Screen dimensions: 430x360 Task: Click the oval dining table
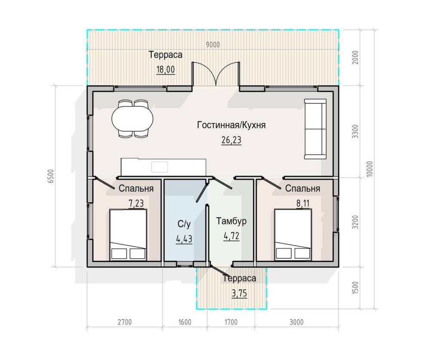(132, 119)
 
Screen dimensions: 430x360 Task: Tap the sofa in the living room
(315, 129)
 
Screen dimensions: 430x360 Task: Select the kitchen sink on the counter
(160, 167)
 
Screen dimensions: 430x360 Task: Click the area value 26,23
(231, 140)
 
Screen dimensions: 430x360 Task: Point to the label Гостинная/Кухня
(231, 125)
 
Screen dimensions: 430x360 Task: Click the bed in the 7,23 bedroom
(128, 235)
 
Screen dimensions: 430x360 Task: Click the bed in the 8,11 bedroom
(293, 235)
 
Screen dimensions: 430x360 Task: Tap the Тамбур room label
(231, 221)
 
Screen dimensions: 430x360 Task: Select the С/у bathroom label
(184, 224)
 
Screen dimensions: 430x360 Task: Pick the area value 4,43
(184, 239)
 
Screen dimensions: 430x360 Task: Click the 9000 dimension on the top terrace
(213, 45)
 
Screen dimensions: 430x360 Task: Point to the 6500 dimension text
(51, 176)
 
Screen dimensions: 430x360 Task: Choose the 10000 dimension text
(370, 169)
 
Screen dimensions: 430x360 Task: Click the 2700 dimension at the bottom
(125, 322)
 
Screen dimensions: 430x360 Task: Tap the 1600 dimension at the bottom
(184, 322)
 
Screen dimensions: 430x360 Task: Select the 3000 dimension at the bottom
(296, 322)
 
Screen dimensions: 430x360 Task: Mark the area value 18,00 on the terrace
(166, 70)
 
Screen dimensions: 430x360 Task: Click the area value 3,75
(240, 293)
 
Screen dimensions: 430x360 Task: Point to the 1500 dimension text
(355, 288)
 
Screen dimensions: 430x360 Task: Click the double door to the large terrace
(216, 74)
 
